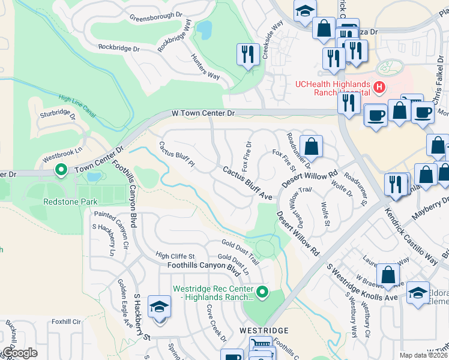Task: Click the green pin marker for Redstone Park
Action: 61,171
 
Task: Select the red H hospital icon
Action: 379,88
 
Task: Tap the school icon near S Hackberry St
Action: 159,307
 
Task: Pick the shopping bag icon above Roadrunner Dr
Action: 311,146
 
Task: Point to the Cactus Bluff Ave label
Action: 247,183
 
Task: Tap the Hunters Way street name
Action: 205,66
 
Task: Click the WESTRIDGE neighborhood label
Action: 264,331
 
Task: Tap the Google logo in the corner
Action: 19,353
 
